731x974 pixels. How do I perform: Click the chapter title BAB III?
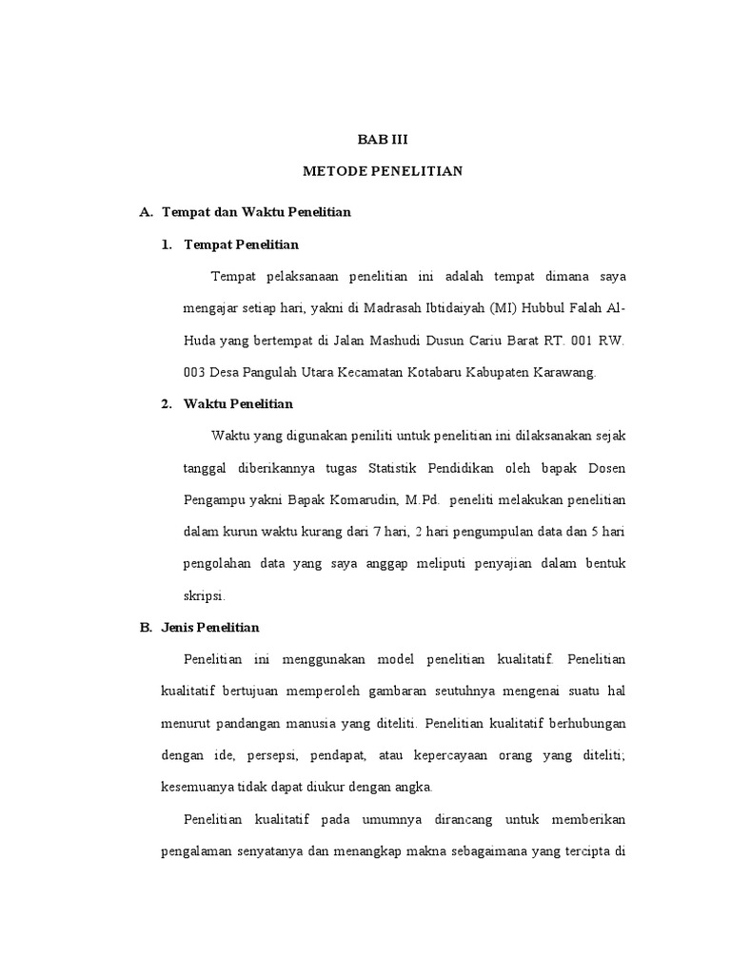[x=382, y=139]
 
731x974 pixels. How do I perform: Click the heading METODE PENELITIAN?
[x=382, y=171]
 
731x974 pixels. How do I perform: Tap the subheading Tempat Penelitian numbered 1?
[x=241, y=244]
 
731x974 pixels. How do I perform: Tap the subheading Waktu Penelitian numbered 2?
[x=238, y=404]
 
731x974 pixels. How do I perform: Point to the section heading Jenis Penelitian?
[x=218, y=628]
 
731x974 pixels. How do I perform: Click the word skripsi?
[x=204, y=596]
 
